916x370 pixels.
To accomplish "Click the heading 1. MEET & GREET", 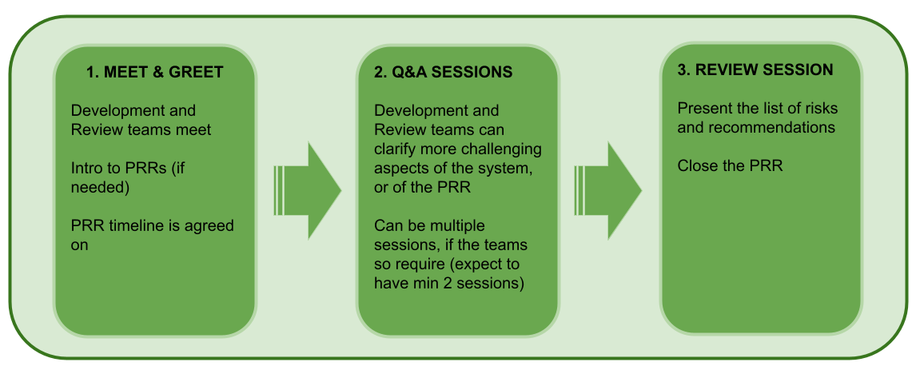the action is pyautogui.click(x=154, y=72).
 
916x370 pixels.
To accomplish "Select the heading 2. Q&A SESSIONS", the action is pyautogui.click(x=444, y=72).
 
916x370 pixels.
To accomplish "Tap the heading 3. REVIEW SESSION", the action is pyautogui.click(x=755, y=70).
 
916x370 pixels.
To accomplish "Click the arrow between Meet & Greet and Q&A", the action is pyautogui.click(x=307, y=190).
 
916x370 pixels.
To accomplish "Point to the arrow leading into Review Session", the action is pyautogui.click(x=608, y=190).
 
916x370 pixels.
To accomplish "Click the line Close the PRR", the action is pyautogui.click(x=730, y=166).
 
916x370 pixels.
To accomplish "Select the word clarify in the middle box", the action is pyautogui.click(x=393, y=149).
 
